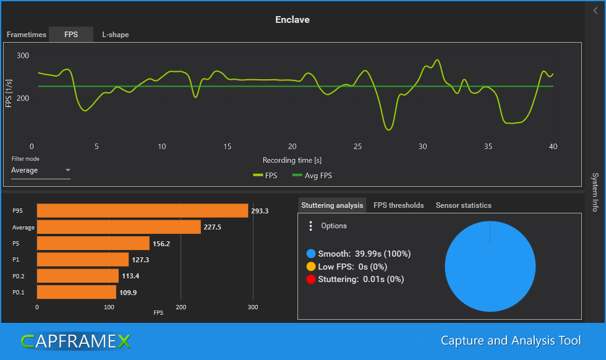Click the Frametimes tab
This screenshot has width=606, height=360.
point(27,35)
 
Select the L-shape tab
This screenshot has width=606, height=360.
point(115,35)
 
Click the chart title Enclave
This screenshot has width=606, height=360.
point(292,20)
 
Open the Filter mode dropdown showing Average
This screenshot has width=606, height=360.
point(41,170)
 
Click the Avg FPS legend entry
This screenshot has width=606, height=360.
point(312,176)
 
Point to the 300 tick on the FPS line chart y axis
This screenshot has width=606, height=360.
point(23,56)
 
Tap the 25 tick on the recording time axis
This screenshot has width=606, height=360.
point(357,147)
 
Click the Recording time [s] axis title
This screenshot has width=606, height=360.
point(292,160)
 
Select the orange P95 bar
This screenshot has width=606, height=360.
point(142,211)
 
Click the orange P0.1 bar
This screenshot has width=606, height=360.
point(76,292)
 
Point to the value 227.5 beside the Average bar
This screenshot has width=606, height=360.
point(213,227)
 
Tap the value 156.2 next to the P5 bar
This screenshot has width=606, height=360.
point(162,244)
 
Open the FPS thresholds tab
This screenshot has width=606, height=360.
point(399,205)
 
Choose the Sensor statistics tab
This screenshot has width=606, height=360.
point(463,205)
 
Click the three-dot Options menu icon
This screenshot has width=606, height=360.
point(310,226)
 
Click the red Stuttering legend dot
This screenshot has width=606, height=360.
point(310,280)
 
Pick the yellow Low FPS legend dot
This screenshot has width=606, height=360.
point(310,267)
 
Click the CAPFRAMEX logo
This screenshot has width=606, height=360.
point(76,341)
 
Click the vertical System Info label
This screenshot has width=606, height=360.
point(595,192)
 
